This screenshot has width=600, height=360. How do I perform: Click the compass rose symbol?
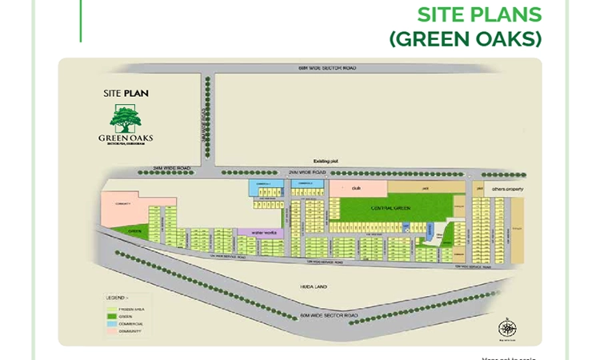point(507,328)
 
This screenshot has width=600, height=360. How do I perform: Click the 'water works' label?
point(263,233)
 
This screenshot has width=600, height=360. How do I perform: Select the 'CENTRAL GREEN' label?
point(390,208)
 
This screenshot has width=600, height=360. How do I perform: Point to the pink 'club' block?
point(357,188)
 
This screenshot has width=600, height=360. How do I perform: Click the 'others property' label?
point(506,190)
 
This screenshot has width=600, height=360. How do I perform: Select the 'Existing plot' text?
point(326,162)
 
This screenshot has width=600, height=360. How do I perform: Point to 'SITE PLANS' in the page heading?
point(479,14)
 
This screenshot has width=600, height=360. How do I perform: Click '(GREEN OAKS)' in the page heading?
point(466,38)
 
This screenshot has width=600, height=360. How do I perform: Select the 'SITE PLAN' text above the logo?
point(126,93)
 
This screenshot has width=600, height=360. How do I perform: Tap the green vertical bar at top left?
point(81,20)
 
